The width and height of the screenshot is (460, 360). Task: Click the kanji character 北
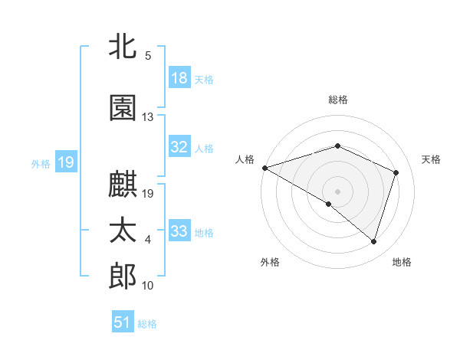click(123, 47)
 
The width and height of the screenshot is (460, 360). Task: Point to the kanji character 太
click(123, 232)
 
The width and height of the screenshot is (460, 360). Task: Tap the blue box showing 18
click(179, 78)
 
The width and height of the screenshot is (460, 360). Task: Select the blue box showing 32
click(179, 147)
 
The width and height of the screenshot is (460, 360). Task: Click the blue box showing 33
click(179, 231)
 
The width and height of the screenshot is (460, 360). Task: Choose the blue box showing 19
click(65, 162)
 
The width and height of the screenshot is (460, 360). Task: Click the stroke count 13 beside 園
click(148, 117)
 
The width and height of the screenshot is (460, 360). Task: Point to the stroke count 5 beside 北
click(148, 56)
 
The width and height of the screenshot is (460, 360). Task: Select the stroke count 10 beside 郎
click(148, 286)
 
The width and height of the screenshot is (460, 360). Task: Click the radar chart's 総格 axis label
click(338, 100)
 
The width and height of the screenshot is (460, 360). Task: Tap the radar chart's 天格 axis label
click(431, 159)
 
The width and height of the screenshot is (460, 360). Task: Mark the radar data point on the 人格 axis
click(264, 168)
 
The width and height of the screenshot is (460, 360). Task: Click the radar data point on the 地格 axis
click(373, 241)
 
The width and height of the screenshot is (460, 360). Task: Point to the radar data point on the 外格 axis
click(329, 204)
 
